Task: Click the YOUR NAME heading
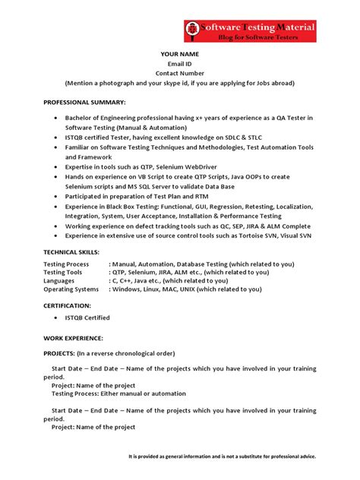[180, 54]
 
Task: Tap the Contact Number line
[180, 73]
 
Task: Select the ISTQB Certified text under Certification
[88, 317]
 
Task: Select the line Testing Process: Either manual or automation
[119, 393]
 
